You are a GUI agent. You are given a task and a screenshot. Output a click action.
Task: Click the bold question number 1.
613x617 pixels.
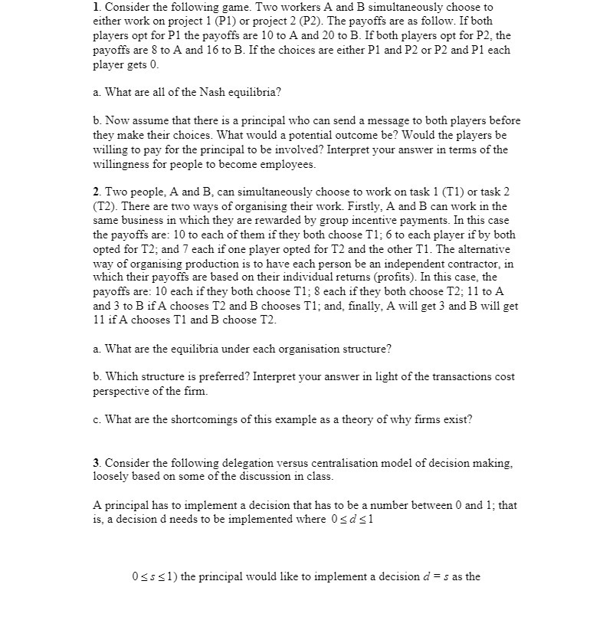pyautogui.click(x=96, y=7)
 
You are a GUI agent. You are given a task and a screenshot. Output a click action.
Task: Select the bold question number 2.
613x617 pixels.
pyautogui.click(x=96, y=191)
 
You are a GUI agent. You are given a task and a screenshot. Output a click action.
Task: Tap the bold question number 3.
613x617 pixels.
pyautogui.click(x=96, y=464)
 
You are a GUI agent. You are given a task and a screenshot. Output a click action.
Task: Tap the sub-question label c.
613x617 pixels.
pyautogui.click(x=96, y=419)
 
